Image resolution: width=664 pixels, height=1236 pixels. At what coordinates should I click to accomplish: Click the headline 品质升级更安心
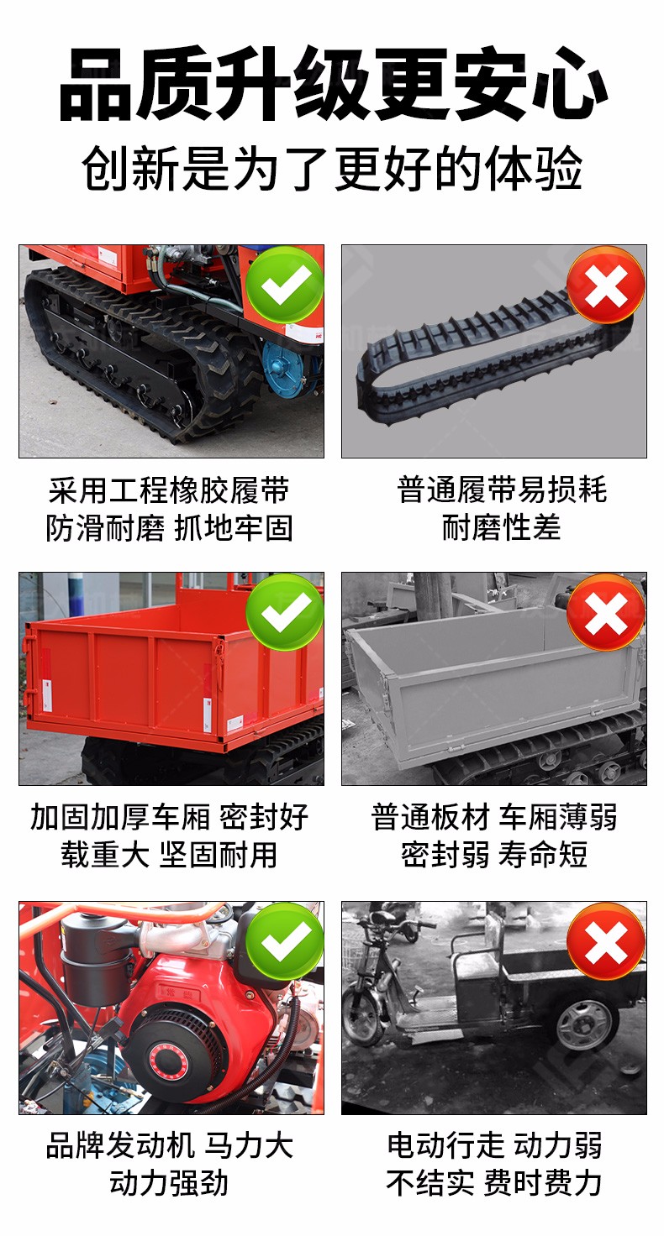333,83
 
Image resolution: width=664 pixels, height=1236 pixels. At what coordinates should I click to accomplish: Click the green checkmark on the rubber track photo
284,285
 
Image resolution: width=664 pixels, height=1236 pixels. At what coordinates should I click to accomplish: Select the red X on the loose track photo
606,285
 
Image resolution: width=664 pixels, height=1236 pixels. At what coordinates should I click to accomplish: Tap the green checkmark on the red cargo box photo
284,612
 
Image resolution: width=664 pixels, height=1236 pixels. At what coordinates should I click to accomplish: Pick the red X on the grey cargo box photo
606,612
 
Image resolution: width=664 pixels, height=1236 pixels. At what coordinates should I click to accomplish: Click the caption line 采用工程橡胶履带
168,490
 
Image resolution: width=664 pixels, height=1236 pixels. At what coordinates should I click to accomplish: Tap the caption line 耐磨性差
502,527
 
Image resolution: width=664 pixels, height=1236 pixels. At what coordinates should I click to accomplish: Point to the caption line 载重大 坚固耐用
168,856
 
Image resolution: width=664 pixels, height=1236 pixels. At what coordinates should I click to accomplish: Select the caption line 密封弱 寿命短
494,856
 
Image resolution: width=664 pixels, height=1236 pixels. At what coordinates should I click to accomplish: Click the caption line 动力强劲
168,1183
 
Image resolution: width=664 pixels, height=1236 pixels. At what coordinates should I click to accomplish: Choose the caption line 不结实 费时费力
494,1183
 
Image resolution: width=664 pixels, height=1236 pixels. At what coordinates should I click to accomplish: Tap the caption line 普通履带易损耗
502,490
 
